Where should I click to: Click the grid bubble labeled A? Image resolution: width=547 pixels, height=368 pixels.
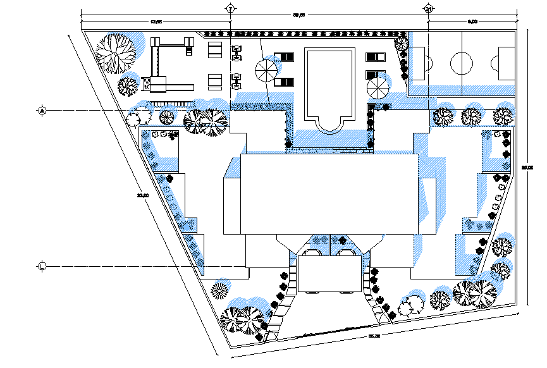click(42, 111)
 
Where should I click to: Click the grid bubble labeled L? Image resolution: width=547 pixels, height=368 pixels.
click(42, 265)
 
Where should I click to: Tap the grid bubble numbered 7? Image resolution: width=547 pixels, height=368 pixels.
click(230, 9)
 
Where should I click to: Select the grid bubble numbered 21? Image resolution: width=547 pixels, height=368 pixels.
click(428, 9)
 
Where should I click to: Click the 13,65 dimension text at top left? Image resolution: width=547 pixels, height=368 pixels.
click(156, 22)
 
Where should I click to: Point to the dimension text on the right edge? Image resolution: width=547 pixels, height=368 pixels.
click(525, 168)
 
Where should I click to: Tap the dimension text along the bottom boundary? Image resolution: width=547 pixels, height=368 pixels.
click(373, 336)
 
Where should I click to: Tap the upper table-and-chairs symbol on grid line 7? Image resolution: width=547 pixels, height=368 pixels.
click(237, 52)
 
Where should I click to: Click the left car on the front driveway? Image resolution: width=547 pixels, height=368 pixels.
click(312, 254)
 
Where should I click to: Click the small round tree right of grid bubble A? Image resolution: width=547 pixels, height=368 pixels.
click(139, 117)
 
